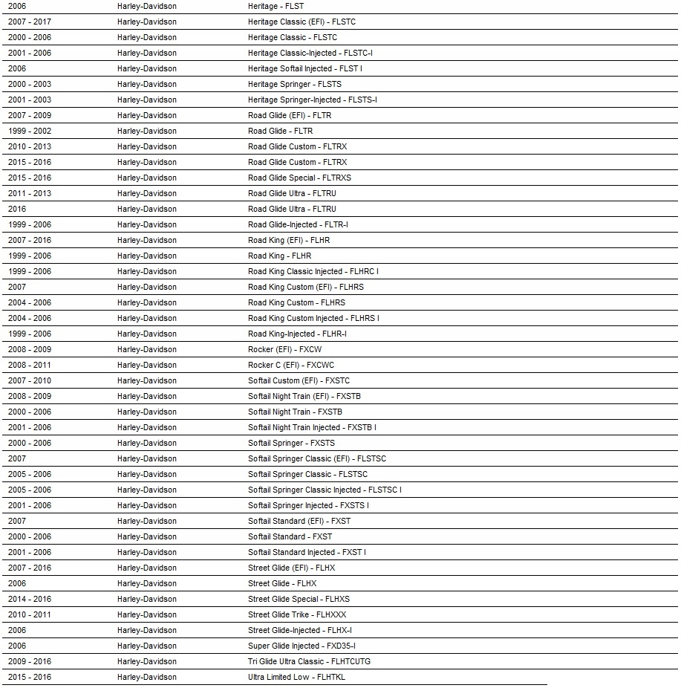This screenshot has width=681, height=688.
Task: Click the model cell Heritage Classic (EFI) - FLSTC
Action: pyautogui.click(x=302, y=22)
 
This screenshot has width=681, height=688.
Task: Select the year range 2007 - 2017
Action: pyautogui.click(x=30, y=22)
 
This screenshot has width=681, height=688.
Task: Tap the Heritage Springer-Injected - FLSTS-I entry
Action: pyautogui.click(x=312, y=100)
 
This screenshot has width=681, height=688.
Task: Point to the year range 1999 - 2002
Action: pyautogui.click(x=30, y=131)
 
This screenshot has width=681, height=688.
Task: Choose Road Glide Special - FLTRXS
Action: pyautogui.click(x=299, y=178)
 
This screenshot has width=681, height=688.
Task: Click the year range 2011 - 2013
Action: pyautogui.click(x=30, y=193)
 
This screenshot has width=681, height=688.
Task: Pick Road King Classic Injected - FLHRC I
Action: pyautogui.click(x=313, y=271)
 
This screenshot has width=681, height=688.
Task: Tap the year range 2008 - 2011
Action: pyautogui.click(x=30, y=365)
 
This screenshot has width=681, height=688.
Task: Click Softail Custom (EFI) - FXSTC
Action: pyautogui.click(x=299, y=380)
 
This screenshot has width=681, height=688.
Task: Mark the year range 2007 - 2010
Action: pyautogui.click(x=30, y=380)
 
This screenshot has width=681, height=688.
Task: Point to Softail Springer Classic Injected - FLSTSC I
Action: pyautogui.click(x=325, y=490)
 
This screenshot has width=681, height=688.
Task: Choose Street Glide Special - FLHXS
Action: pyautogui.click(x=299, y=599)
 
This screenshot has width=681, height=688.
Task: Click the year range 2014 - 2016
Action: pyautogui.click(x=30, y=599)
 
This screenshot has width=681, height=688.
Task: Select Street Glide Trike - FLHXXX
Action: pyautogui.click(x=297, y=614)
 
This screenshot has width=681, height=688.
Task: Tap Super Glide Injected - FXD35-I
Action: pyautogui.click(x=307, y=646)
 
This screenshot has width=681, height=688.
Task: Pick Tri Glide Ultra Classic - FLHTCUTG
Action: pyautogui.click(x=309, y=661)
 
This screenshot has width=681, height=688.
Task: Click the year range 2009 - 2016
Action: pyautogui.click(x=30, y=661)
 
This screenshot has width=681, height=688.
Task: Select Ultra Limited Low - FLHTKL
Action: pyautogui.click(x=296, y=677)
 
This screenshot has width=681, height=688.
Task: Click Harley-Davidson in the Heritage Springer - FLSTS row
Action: pyautogui.click(x=147, y=84)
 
